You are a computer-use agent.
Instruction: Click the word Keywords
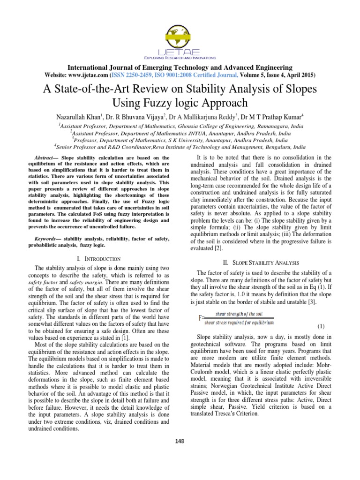(49, 239)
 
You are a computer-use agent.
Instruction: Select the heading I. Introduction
(98, 258)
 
